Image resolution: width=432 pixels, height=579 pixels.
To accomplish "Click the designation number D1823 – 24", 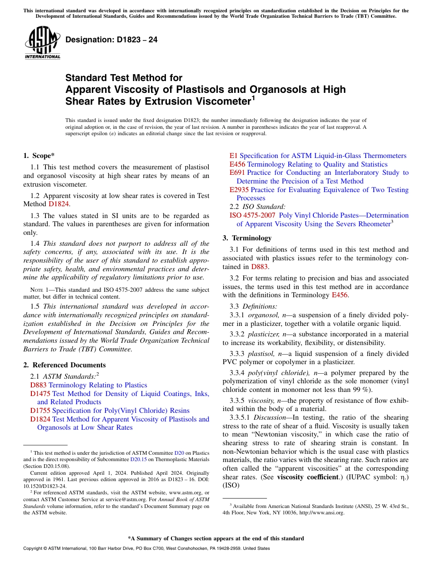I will click(x=111, y=40).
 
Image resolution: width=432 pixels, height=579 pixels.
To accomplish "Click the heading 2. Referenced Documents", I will click(x=65, y=365).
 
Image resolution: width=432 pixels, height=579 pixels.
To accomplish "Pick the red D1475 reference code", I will click(x=40, y=393).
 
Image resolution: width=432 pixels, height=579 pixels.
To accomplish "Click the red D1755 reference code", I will click(x=40, y=411).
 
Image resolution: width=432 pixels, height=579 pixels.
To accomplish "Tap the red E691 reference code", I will click(x=237, y=173).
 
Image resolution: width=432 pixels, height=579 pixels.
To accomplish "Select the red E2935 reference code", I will click(x=239, y=190).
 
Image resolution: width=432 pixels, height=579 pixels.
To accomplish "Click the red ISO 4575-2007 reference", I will click(x=252, y=215).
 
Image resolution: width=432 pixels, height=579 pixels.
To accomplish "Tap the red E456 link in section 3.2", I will click(x=337, y=295).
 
